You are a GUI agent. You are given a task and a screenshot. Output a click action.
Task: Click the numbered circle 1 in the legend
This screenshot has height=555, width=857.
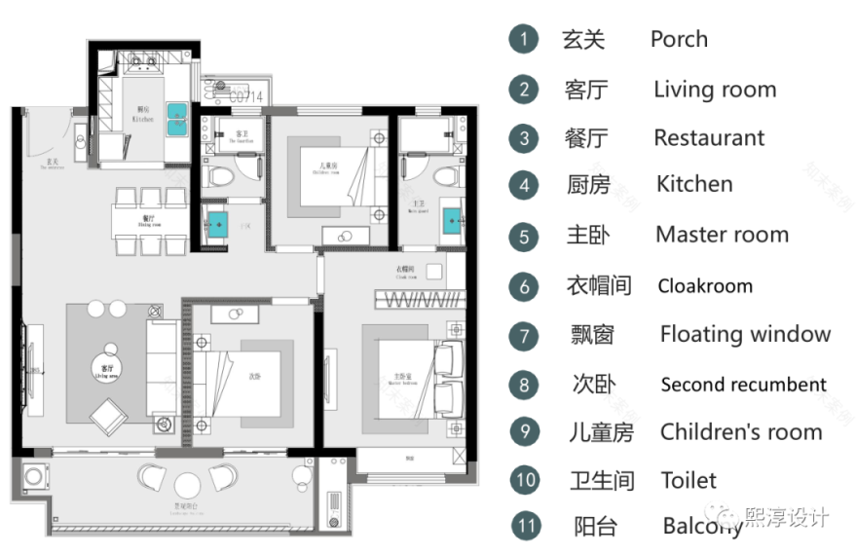(524, 40)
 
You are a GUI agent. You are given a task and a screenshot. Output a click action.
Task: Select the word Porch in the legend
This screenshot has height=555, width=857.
(679, 40)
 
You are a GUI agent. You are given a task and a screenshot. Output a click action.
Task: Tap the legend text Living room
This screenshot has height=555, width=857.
(715, 91)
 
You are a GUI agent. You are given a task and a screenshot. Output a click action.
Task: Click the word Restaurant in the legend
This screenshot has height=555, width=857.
(709, 138)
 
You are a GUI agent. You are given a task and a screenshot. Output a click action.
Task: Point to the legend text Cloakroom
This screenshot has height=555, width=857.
(705, 286)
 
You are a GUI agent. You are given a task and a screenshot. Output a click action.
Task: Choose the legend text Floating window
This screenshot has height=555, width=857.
(745, 335)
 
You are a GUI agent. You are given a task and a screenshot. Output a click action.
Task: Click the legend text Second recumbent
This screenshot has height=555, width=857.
(743, 385)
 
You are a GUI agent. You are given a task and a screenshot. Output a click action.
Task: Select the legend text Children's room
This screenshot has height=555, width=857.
(741, 432)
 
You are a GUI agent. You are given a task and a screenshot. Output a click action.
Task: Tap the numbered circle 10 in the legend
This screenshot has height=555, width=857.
(525, 480)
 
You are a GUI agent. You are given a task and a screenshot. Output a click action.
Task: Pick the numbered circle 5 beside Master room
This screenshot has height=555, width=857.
(524, 236)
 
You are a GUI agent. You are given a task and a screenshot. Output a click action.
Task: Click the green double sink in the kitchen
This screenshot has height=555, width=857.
(177, 118)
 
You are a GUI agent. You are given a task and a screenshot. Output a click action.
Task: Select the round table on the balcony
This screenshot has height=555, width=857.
(187, 483)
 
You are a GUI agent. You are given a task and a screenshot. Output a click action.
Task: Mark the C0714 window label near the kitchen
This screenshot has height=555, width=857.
(245, 95)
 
